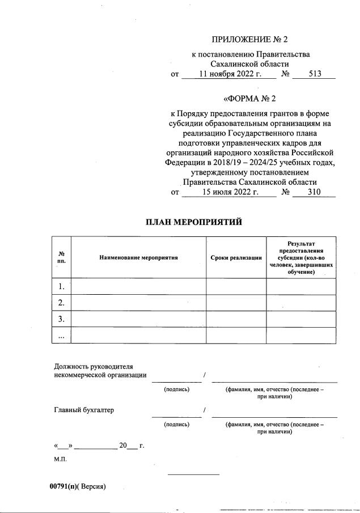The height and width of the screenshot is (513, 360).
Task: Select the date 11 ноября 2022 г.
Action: [x=229, y=74]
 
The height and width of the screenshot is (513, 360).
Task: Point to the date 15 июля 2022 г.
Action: [x=230, y=192]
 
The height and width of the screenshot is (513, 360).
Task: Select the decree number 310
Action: [x=314, y=192]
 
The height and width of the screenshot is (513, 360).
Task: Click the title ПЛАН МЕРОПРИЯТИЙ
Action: [x=194, y=222]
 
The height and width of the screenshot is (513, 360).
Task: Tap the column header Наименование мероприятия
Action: [x=138, y=257]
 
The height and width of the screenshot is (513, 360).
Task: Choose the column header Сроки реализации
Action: [x=236, y=257]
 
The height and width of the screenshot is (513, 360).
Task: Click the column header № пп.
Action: [x=61, y=257]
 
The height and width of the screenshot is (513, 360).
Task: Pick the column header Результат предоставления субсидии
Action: [x=301, y=257]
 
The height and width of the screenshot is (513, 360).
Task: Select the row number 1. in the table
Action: [x=61, y=287]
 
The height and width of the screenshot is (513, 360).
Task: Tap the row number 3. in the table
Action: [x=61, y=319]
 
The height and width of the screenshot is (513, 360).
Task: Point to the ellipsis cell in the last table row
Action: [x=61, y=336]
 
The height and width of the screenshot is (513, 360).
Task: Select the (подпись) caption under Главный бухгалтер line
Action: [x=176, y=424]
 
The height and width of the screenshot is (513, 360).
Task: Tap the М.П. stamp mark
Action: [x=60, y=459]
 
